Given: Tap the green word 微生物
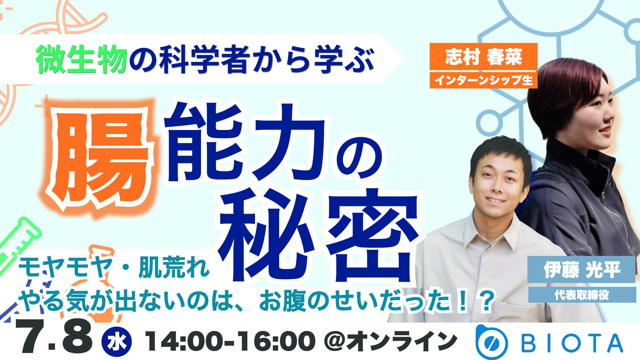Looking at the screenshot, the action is pos(82,60).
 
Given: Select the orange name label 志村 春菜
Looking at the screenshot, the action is pos(483,57).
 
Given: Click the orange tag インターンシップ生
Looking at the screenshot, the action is pos(483,80).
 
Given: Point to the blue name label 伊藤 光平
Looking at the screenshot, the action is pos(581,270).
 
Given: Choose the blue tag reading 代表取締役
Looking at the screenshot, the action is pos(582,295).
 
